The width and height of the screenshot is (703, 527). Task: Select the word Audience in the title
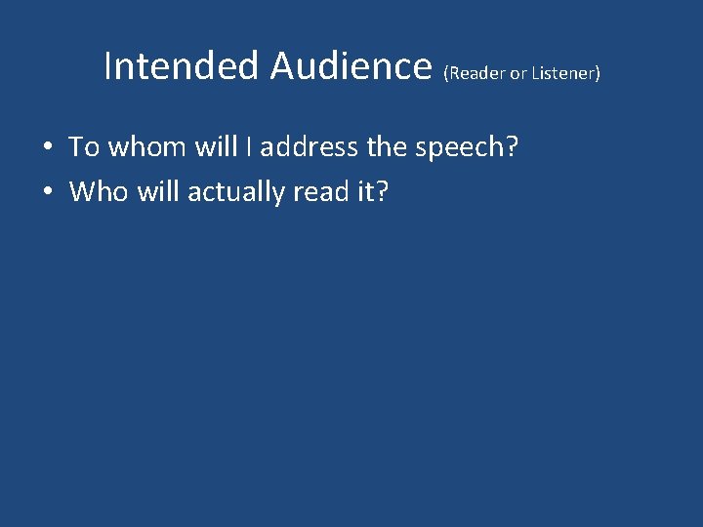point(351,66)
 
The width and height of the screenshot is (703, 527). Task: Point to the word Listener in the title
point(565,73)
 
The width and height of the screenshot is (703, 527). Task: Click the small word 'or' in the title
point(517,74)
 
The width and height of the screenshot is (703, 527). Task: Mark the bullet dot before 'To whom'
point(47,148)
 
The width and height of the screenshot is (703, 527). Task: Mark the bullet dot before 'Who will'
point(47,192)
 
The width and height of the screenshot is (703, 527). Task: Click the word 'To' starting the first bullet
point(84,147)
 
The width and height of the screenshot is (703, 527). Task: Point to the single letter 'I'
point(250,147)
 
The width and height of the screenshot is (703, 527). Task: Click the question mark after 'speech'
point(512,147)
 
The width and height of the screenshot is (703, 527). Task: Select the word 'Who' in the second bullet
point(98,191)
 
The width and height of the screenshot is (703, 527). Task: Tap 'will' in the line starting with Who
point(157,191)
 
